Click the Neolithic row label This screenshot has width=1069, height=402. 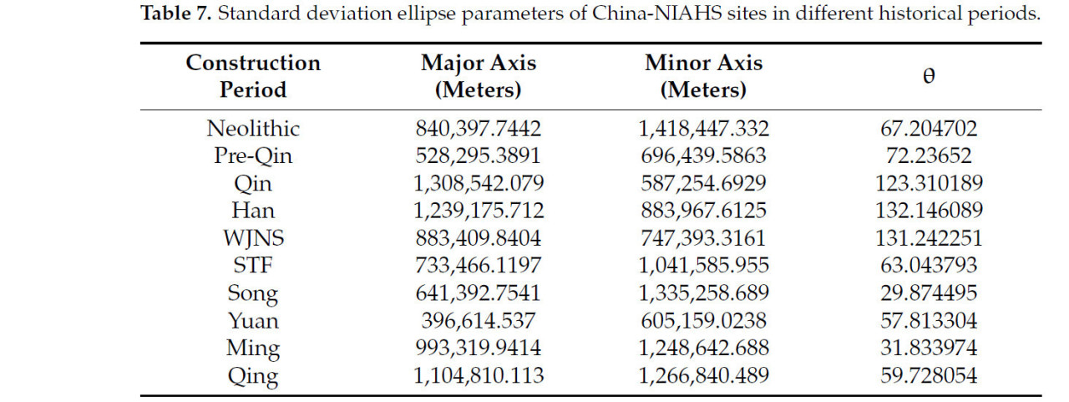[253, 129]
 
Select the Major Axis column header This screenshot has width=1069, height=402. [479, 76]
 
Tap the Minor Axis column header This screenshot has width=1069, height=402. [703, 76]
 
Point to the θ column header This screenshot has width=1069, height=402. [929, 75]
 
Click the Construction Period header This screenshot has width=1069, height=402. [253, 76]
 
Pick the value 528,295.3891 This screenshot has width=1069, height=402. [479, 156]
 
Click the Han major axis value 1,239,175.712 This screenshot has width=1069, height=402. [479, 211]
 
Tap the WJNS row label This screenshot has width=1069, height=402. [253, 239]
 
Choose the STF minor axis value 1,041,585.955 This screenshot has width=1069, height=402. [703, 267]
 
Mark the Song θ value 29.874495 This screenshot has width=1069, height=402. [929, 294]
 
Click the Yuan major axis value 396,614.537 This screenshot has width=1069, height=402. [479, 322]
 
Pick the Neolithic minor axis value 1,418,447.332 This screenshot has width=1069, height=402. [703, 129]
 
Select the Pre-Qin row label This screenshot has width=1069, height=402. [253, 156]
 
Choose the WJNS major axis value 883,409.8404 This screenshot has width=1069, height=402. [479, 239]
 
